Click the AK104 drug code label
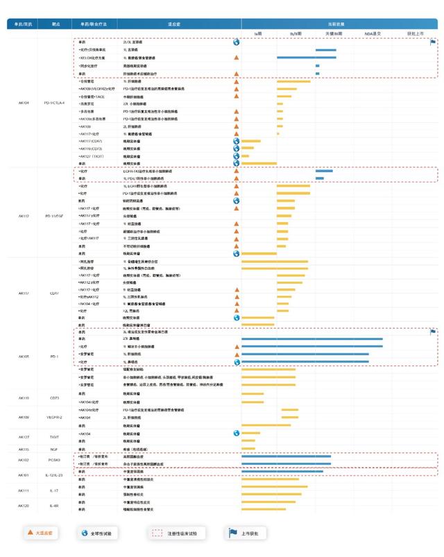(x=24, y=103)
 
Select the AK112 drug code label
(x=24, y=216)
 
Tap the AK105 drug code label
(x=24, y=357)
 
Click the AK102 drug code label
(x=24, y=460)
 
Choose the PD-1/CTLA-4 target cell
(x=54, y=103)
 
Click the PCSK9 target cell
(x=54, y=460)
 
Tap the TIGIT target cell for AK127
(x=54, y=437)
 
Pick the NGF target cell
(x=54, y=449)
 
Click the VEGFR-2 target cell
(x=54, y=418)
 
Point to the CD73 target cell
(x=54, y=398)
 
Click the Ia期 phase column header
(x=258, y=33)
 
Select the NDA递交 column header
(x=373, y=33)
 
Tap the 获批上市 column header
(x=414, y=33)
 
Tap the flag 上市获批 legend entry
(x=248, y=533)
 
